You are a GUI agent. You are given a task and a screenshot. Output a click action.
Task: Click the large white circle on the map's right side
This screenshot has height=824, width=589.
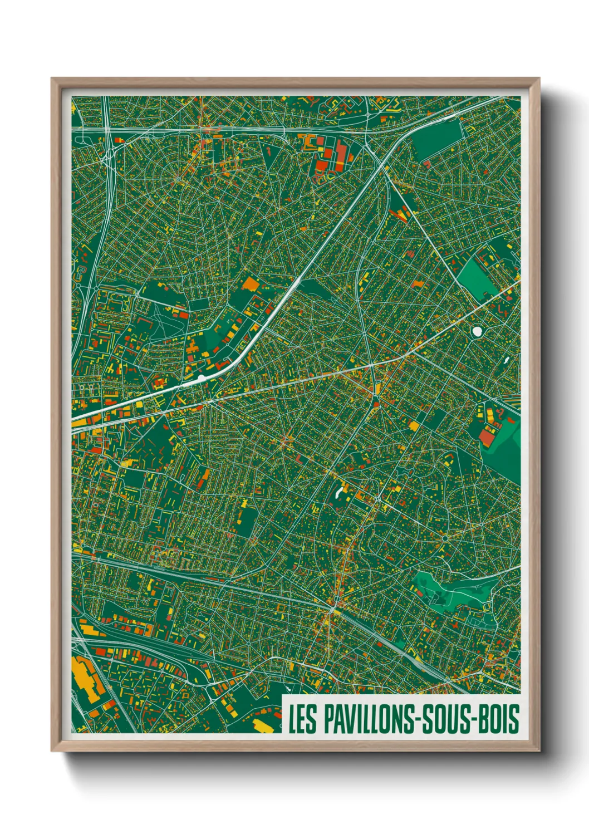click(x=477, y=331)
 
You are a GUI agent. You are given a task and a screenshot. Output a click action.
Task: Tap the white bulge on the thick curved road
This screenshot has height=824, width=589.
click(x=201, y=379)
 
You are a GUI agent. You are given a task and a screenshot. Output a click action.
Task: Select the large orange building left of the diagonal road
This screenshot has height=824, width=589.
click(x=251, y=284)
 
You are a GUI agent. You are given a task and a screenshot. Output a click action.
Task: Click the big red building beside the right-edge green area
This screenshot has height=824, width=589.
click(x=487, y=438)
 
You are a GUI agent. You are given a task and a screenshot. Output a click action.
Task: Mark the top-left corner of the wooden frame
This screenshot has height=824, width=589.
click(x=52, y=79)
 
